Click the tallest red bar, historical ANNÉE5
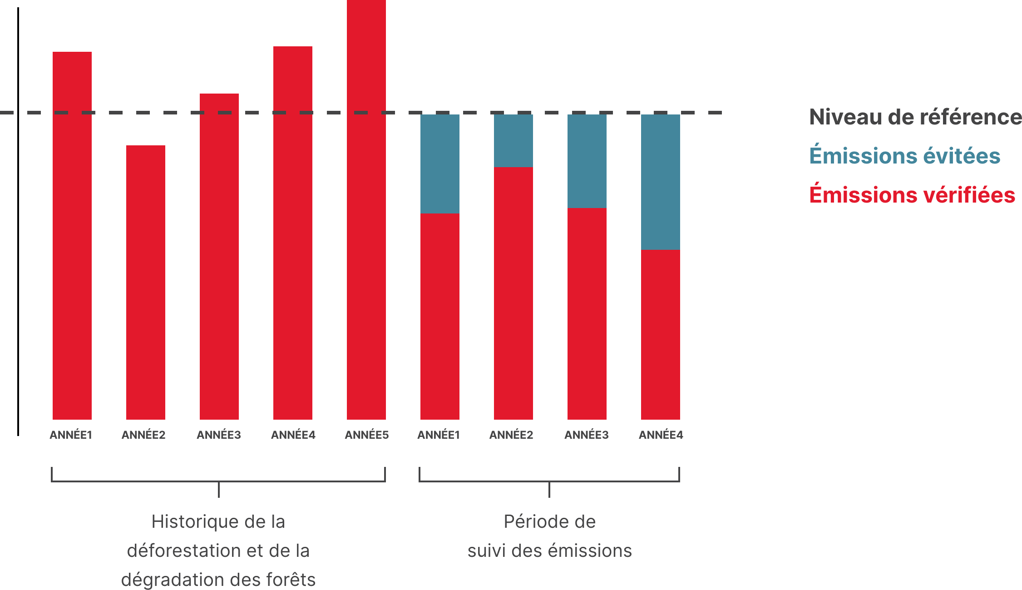click(x=366, y=209)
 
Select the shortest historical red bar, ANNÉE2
click(x=145, y=282)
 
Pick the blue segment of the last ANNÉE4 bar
click(x=660, y=182)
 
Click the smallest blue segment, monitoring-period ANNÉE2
click(x=513, y=141)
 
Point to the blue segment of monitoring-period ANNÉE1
click(x=439, y=164)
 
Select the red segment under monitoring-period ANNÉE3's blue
click(x=587, y=313)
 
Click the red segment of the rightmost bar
click(x=660, y=334)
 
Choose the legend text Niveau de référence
click(x=915, y=117)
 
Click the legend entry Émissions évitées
click(x=904, y=156)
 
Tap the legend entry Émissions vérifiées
click(x=912, y=195)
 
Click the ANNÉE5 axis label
click(x=366, y=435)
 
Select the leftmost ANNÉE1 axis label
click(x=71, y=435)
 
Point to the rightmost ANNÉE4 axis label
click(x=661, y=435)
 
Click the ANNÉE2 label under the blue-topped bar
click(x=511, y=435)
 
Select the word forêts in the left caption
click(x=291, y=580)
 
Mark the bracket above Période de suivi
click(x=549, y=481)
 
